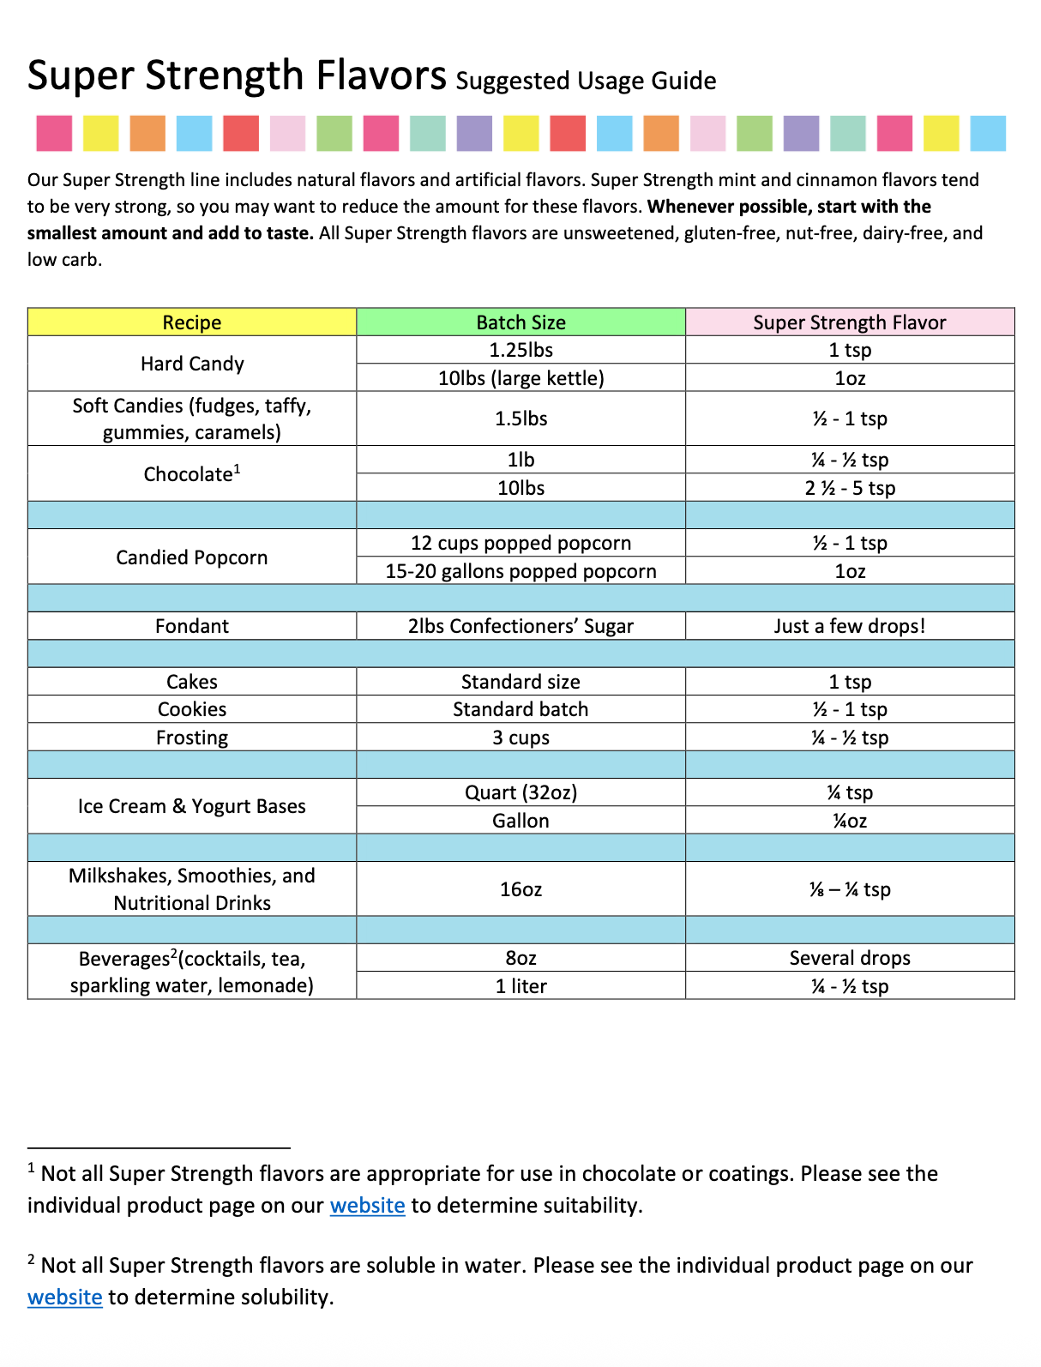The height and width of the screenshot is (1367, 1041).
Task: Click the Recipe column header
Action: click(192, 322)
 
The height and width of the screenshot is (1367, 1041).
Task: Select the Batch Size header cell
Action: click(520, 322)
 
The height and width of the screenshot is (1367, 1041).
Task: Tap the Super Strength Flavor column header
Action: click(849, 322)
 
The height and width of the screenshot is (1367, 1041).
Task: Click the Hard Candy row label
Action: click(192, 364)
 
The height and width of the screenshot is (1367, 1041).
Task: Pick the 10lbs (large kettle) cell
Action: click(520, 378)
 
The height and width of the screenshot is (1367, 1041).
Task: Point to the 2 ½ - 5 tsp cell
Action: click(849, 488)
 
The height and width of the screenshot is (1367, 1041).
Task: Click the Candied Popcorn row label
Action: click(192, 557)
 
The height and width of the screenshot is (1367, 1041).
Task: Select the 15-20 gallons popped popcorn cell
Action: click(520, 571)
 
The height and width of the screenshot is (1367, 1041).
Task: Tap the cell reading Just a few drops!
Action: click(849, 626)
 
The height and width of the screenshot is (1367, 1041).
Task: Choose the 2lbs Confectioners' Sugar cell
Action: click(520, 626)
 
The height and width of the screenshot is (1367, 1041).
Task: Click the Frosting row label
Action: click(192, 738)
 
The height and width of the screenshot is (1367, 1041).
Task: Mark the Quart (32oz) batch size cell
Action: click(520, 792)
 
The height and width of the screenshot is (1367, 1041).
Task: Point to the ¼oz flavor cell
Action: click(849, 821)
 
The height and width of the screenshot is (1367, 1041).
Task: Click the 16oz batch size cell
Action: click(520, 889)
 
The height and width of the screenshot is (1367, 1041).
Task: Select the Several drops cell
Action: click(849, 958)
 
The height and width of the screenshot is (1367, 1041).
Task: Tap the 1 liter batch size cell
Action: click(520, 986)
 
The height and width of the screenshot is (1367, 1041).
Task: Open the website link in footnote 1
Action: click(367, 1206)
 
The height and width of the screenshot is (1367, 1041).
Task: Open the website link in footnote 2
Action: click(65, 1298)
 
